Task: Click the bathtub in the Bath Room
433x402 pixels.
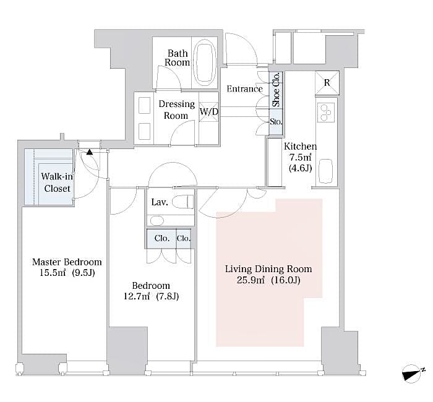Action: coord(204,62)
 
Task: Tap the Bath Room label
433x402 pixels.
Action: coord(177,58)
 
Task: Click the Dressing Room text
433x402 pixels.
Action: coord(176,109)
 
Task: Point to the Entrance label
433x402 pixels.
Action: coord(244,88)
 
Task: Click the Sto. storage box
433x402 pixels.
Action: coord(276,122)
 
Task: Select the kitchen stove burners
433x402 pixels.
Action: coord(325,112)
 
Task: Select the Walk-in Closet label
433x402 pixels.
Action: coord(56,182)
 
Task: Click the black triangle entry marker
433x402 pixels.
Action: coord(90,152)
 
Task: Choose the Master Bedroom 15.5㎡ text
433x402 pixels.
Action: coord(67,267)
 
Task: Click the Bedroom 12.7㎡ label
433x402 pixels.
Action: coord(151,291)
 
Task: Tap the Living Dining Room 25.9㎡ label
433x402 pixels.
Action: coord(268,275)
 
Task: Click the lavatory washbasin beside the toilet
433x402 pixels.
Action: coord(156,220)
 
